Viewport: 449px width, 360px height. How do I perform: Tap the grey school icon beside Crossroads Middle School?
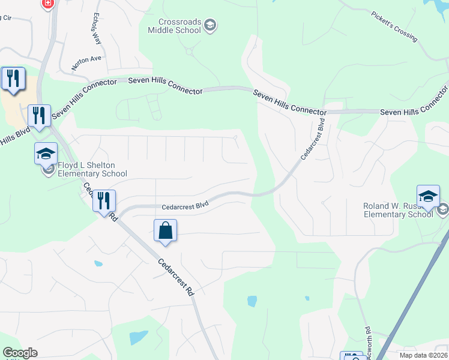pos(210,25)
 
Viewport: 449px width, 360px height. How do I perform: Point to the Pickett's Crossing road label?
pos(394,26)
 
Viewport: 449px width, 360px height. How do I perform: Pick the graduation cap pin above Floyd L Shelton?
pos(46,154)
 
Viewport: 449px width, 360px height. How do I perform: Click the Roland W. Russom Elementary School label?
pos(398,210)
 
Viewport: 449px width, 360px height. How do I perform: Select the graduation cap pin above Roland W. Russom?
pos(428,196)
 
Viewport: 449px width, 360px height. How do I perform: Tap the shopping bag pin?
pos(165,231)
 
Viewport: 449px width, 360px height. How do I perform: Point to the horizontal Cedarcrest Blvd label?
pos(185,206)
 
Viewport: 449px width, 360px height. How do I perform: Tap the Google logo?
pos(20,353)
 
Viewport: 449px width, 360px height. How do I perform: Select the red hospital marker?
pos(48,4)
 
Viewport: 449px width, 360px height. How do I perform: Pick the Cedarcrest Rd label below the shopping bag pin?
pos(177,277)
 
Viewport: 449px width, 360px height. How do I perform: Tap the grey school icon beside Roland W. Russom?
pos(444,209)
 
